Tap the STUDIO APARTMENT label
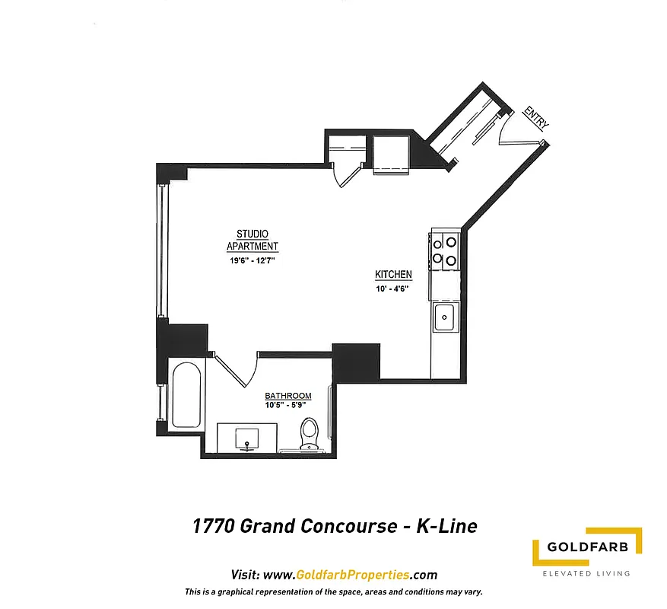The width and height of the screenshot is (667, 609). click(252, 240)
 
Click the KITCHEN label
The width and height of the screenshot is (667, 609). click(393, 274)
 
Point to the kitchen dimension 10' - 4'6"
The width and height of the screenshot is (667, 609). click(392, 289)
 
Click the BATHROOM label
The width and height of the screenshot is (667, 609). click(288, 396)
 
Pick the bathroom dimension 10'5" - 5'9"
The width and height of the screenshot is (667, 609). click(288, 405)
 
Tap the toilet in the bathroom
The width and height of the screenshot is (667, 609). click(309, 435)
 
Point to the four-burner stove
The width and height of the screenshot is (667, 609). click(444, 251)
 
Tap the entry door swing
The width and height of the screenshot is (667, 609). click(513, 131)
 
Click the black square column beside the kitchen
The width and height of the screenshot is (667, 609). click(356, 363)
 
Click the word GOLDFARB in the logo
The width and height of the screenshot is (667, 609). click(586, 548)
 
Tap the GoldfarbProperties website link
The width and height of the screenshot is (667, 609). click(334, 575)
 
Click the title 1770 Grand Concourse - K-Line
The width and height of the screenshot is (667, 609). click(334, 526)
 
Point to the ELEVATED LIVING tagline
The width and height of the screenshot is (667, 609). click(586, 573)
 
